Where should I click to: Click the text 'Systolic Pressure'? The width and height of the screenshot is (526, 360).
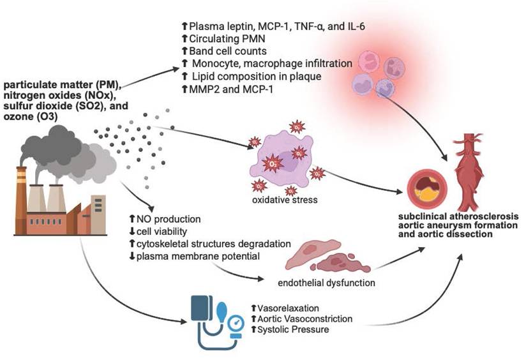click(291, 329)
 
